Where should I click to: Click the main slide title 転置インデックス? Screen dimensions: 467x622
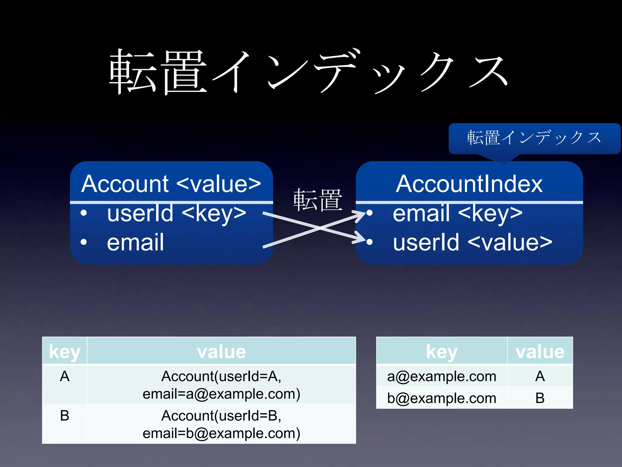tap(308, 72)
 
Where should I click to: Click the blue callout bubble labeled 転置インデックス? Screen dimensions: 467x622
tap(534, 138)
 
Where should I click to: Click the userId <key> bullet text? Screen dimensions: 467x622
tap(176, 213)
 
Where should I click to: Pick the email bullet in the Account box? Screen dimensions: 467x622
tap(135, 242)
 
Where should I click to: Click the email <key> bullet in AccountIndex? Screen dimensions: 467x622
tap(457, 213)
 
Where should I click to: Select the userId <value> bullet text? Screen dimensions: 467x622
tap(472, 242)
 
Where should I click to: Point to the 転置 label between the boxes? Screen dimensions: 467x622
tap(318, 200)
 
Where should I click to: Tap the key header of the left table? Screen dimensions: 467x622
tap(65, 351)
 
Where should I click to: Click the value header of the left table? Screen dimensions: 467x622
tap(221, 351)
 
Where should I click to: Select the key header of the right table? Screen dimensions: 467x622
tap(442, 351)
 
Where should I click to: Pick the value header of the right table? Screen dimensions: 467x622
tap(540, 351)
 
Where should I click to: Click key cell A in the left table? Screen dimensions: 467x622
tap(65, 376)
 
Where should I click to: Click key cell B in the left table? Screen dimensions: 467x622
tap(65, 416)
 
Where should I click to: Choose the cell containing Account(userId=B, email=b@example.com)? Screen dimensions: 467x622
tap(221, 424)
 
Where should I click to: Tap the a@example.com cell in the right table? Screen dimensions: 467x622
tap(442, 376)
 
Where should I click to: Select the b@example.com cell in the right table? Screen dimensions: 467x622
tap(442, 398)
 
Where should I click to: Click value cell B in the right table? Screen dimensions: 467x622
tap(540, 398)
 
